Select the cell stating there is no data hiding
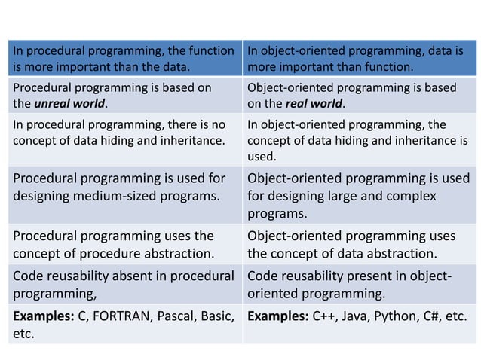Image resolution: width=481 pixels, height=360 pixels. (x=124, y=133)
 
